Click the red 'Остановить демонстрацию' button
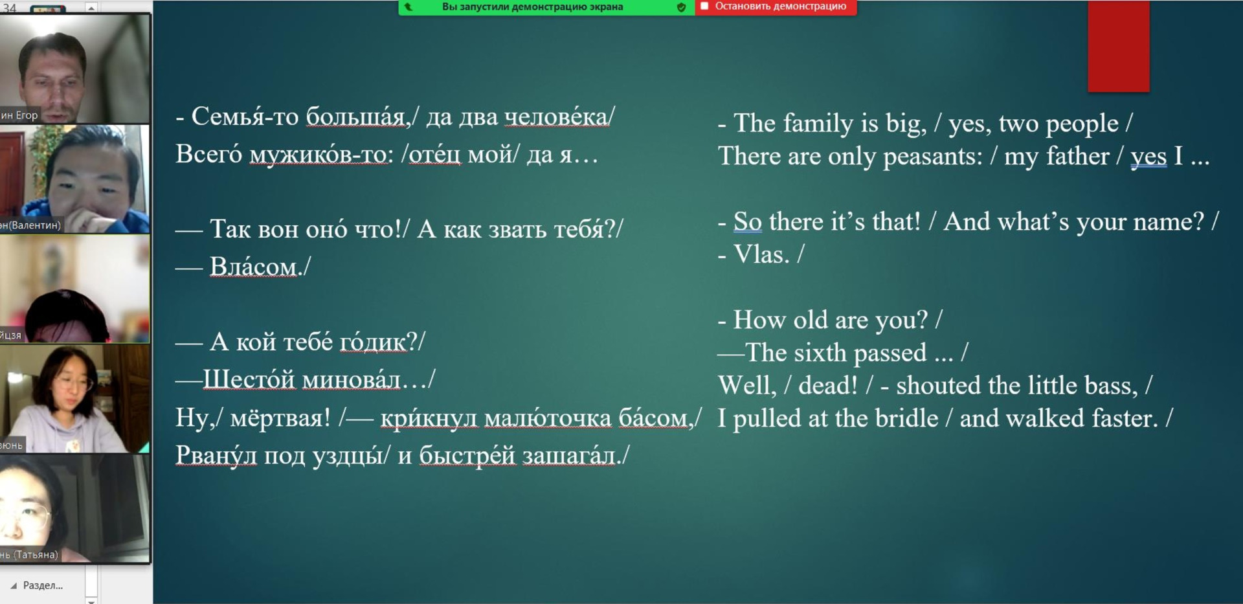[x=776, y=7]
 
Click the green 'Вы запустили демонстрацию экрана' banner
[x=546, y=7]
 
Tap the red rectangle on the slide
[x=1118, y=46]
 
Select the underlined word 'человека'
[x=556, y=117]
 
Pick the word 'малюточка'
[x=548, y=418]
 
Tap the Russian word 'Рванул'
[x=216, y=455]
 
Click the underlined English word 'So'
[x=747, y=221]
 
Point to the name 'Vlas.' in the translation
[x=761, y=254]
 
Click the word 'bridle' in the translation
[x=906, y=418]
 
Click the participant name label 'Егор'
[x=27, y=115]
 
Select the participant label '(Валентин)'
[x=34, y=225]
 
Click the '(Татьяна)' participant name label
[x=36, y=555]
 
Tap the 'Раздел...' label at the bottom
[x=43, y=585]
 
